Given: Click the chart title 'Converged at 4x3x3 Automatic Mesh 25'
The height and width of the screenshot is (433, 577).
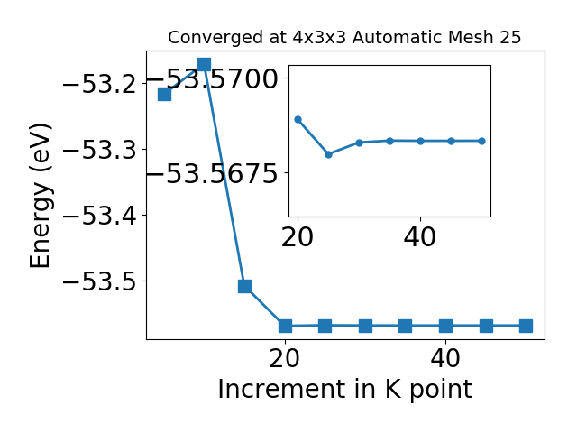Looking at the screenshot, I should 344,38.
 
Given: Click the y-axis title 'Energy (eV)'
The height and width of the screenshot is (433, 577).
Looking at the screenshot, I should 41,195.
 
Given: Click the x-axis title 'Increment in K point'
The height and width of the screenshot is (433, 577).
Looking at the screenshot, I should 344,389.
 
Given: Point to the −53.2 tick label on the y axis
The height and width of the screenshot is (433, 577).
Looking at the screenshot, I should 99,83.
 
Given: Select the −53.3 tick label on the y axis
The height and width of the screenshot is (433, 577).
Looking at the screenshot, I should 99,149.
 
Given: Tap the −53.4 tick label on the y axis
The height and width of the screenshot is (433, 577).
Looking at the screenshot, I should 99,216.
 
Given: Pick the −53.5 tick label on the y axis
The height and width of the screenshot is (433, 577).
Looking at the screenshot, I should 99,281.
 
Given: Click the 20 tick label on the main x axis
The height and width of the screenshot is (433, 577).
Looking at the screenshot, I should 285,358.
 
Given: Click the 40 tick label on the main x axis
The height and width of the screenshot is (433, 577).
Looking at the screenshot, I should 445,358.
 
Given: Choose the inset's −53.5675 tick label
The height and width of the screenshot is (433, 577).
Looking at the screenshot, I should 213,173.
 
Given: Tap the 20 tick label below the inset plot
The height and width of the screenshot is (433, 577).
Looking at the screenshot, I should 298,237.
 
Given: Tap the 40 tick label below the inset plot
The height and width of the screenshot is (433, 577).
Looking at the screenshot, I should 420,237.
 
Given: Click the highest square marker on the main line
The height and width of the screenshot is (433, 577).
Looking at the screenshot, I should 204,64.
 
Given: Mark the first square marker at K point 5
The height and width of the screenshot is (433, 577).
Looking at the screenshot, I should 164,94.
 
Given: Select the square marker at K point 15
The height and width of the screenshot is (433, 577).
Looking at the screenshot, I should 244,286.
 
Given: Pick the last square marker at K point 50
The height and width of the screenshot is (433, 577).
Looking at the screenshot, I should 526,326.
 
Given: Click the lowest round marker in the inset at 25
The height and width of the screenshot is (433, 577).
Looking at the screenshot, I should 328,154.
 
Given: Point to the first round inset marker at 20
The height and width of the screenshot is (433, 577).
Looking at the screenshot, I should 298,119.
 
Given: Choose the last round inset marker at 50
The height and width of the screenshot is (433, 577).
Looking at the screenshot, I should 481,141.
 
